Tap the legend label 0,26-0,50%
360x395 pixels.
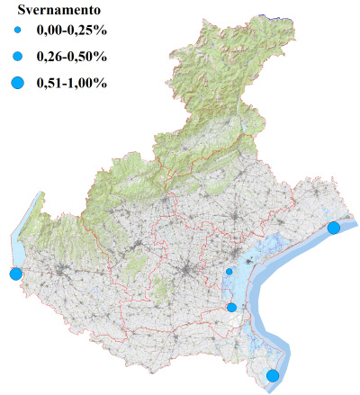coord(72,58)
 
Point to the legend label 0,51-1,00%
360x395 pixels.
coord(72,84)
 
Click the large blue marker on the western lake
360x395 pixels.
coord(15,274)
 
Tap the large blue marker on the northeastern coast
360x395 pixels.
coord(334,228)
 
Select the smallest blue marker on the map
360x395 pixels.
coord(229,271)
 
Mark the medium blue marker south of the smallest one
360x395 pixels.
coord(231,308)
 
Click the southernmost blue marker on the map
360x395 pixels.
coord(273,375)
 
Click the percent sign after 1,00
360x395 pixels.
coord(103,84)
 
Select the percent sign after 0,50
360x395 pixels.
coord(103,58)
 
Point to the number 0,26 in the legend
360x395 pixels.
coord(51,58)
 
